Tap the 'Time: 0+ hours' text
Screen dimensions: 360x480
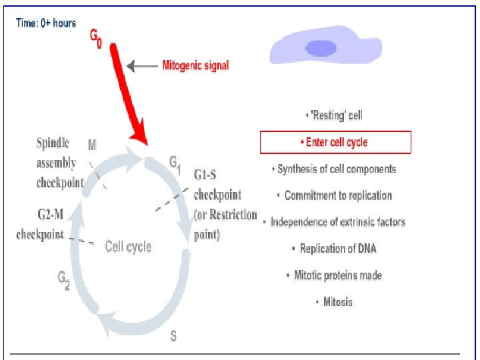tap(46, 23)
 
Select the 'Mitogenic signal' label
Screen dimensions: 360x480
tap(195, 65)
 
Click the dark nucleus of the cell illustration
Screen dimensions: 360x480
tap(316, 48)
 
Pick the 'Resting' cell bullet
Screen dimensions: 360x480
tap(334, 115)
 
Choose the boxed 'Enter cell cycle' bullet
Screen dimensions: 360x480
tap(335, 142)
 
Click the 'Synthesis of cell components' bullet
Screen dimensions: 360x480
tap(334, 169)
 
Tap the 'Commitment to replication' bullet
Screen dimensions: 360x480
tap(335, 195)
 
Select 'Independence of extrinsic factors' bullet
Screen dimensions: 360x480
tap(335, 222)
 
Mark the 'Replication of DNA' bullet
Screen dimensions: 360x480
tap(335, 249)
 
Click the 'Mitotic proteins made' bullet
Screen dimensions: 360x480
tap(335, 275)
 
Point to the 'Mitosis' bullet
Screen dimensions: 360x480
tap(334, 302)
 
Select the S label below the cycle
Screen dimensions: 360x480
tap(173, 335)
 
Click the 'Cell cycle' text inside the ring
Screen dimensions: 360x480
tap(128, 247)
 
